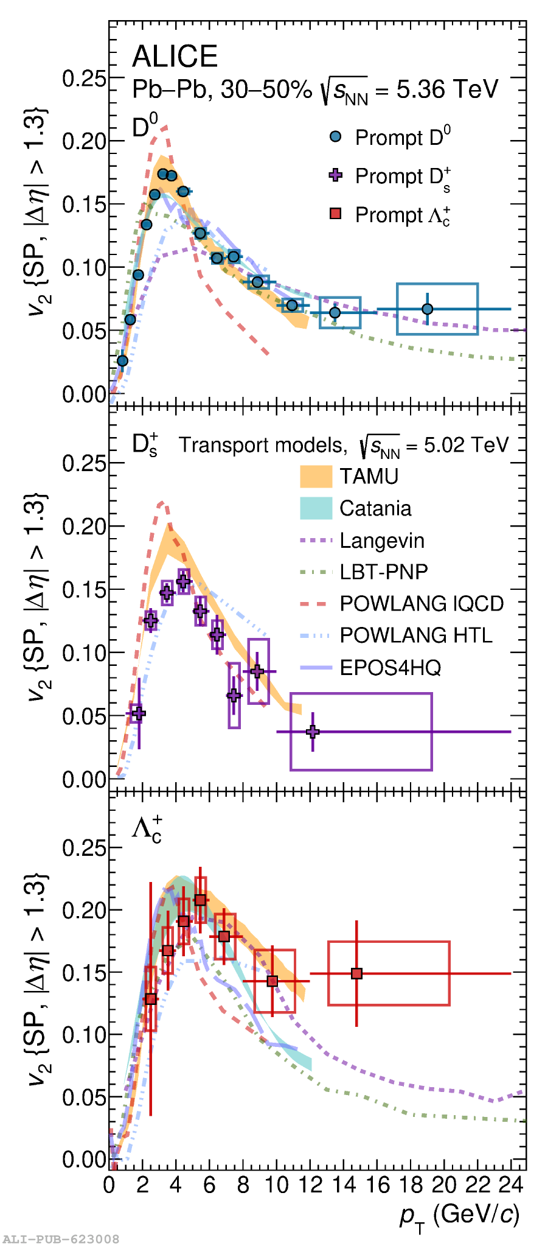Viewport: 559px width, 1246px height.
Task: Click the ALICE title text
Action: pyautogui.click(x=175, y=57)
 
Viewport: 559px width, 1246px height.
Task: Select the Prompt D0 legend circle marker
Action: pyautogui.click(x=335, y=137)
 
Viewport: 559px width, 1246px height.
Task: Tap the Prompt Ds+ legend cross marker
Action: pyautogui.click(x=335, y=175)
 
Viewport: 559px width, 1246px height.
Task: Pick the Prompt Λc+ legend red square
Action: pyautogui.click(x=335, y=214)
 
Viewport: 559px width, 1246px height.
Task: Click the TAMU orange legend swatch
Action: pyautogui.click(x=316, y=476)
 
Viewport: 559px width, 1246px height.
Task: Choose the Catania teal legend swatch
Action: pyautogui.click(x=316, y=508)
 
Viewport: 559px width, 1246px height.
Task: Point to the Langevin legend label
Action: pyautogui.click(x=381, y=541)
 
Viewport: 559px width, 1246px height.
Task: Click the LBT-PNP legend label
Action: pyautogui.click(x=383, y=572)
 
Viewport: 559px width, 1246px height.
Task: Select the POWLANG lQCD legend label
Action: pyautogui.click(x=422, y=604)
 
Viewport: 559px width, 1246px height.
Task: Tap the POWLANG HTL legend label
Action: pyautogui.click(x=416, y=635)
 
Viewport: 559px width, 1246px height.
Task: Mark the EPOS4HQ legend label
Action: pyautogui.click(x=390, y=668)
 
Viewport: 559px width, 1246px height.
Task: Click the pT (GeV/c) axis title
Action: pyautogui.click(x=460, y=1214)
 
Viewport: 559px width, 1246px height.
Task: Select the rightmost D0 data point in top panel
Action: pyautogui.click(x=427, y=309)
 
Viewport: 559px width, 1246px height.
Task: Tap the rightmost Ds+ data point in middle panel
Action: pyautogui.click(x=313, y=731)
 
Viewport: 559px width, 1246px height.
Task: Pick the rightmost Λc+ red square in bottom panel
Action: pyautogui.click(x=356, y=973)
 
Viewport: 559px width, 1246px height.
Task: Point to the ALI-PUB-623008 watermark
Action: pyautogui.click(x=61, y=1239)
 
